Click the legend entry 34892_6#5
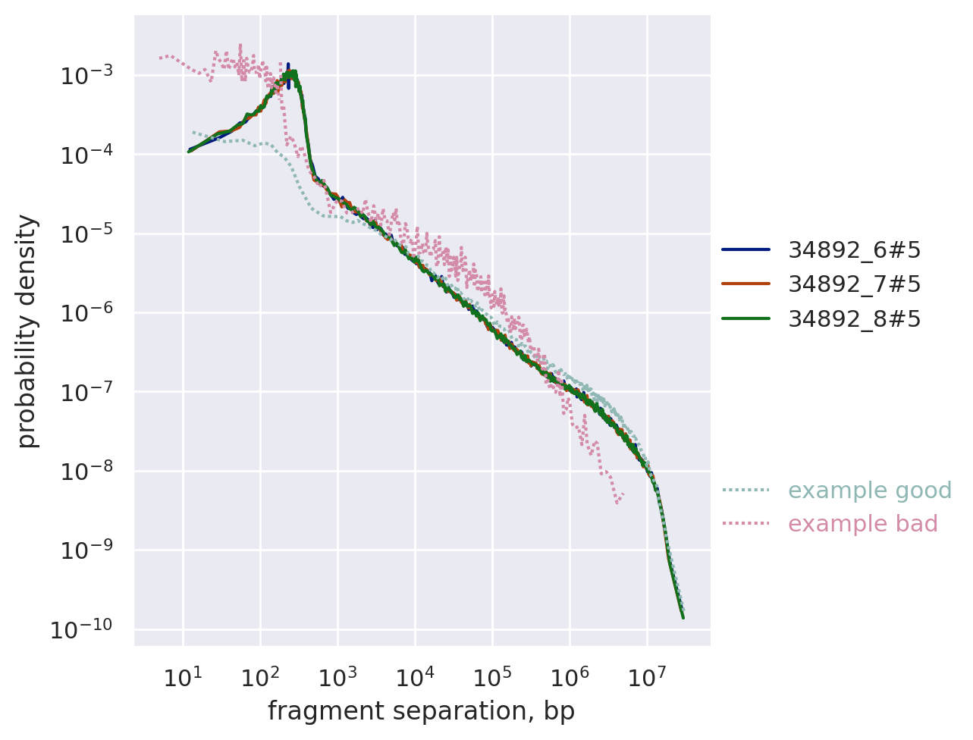[854, 249]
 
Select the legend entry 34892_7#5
[854, 284]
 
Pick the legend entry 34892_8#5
[854, 319]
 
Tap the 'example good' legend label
[869, 491]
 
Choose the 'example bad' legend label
[862, 524]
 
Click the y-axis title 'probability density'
[27, 331]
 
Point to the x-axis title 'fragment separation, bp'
[421, 711]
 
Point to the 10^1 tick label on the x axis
[183, 677]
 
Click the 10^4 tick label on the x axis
[415, 677]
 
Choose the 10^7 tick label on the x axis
[647, 677]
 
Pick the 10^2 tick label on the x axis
[260, 677]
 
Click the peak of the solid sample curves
[288, 67]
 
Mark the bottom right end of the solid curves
[683, 617]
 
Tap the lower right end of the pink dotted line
[617, 502]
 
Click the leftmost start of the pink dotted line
[160, 58]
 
